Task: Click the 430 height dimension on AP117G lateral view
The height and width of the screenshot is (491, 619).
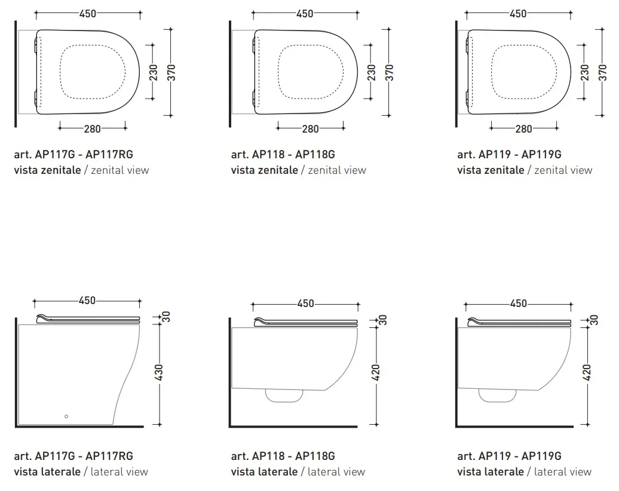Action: [x=158, y=373]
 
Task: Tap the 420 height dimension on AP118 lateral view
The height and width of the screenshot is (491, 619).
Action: [x=375, y=373]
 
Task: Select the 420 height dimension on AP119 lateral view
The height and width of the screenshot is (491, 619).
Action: [x=587, y=373]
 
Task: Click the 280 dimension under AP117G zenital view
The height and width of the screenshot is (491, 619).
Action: [x=93, y=128]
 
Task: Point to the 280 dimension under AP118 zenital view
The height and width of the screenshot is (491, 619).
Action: [x=310, y=128]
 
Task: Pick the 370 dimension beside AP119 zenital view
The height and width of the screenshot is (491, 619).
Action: [x=602, y=73]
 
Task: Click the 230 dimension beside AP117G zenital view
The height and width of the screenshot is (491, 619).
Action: [x=153, y=73]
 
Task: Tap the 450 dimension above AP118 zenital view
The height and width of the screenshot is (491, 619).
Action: [x=305, y=13]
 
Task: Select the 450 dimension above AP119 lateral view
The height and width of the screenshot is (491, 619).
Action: [x=519, y=303]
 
